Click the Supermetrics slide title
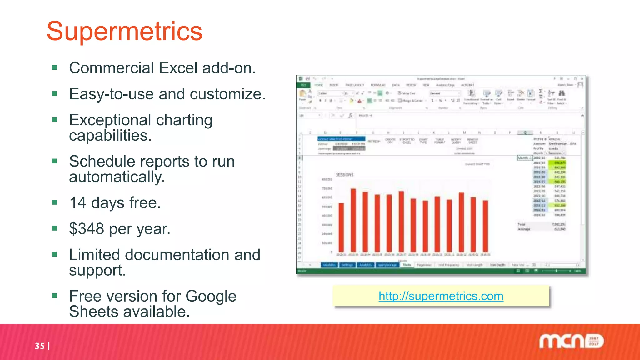tap(124, 31)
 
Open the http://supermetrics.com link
tap(441, 296)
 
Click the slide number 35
tap(40, 346)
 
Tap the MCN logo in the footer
tap(571, 341)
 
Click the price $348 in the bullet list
tap(86, 229)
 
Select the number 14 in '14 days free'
tap(77, 203)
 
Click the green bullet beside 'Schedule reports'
tap(55, 161)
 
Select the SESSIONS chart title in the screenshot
tap(344, 175)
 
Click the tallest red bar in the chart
tap(353, 220)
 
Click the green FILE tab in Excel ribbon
tap(303, 85)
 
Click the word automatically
tap(117, 177)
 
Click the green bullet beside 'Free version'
tap(55, 296)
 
